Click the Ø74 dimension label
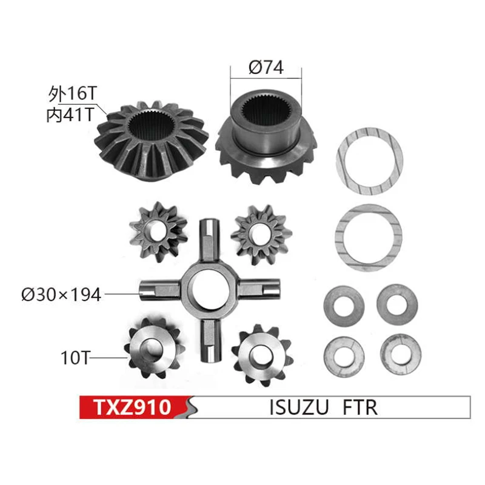click(266, 68)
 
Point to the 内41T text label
click(70, 115)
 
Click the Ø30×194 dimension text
click(61, 295)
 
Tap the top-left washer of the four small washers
click(341, 306)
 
